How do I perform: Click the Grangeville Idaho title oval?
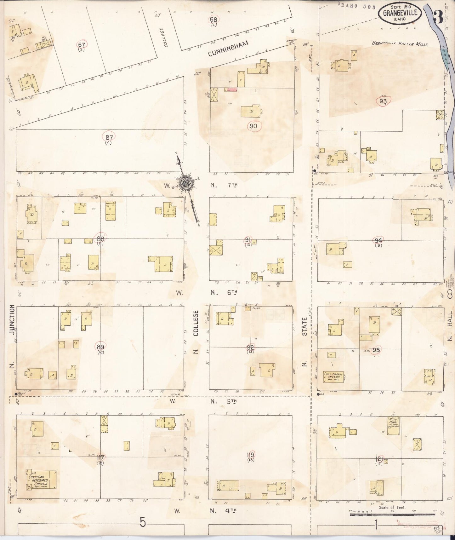pyautogui.click(x=400, y=14)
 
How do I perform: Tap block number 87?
pyautogui.click(x=109, y=137)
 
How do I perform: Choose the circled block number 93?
pyautogui.click(x=383, y=101)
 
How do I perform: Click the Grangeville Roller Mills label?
pyautogui.click(x=400, y=43)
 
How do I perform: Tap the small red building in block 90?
pyautogui.click(x=231, y=90)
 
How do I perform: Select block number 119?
pyautogui.click(x=251, y=455)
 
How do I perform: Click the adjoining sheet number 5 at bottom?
pyautogui.click(x=143, y=523)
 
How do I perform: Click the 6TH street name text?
pyautogui.click(x=232, y=292)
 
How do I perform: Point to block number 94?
pyautogui.click(x=378, y=241)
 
